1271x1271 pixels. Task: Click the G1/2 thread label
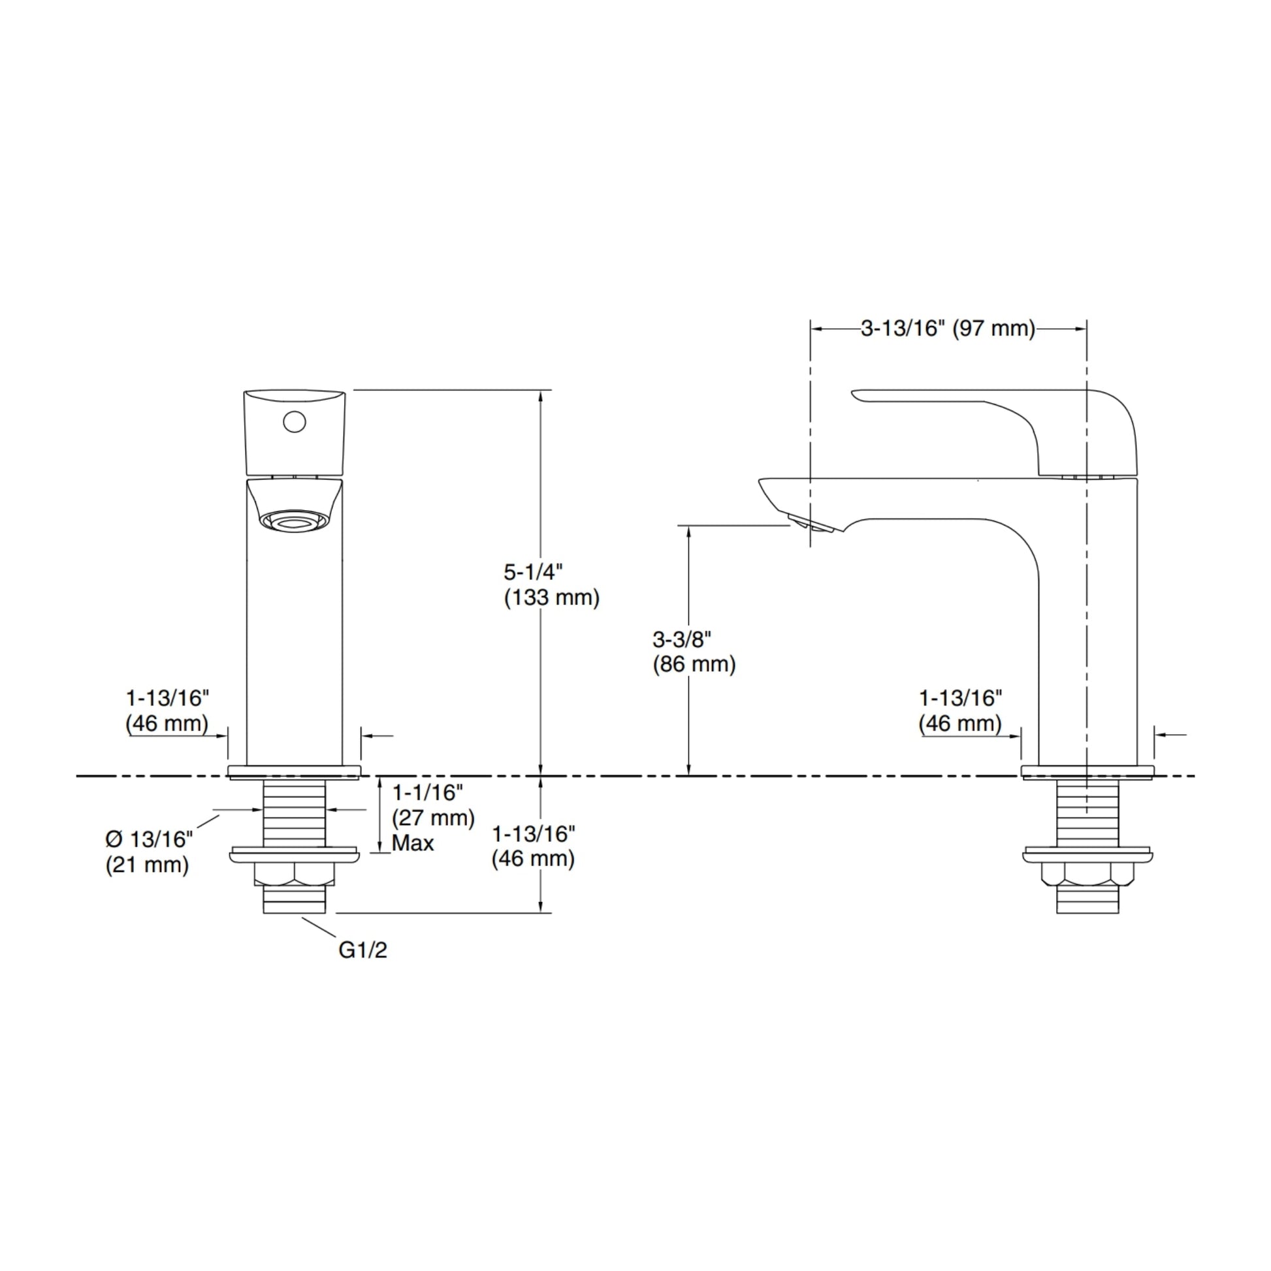tap(362, 950)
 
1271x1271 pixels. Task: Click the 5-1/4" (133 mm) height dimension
tap(551, 585)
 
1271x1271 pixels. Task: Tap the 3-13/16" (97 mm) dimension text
tap(948, 329)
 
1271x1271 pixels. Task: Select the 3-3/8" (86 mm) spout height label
tap(694, 651)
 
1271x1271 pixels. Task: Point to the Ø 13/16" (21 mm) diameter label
tap(149, 852)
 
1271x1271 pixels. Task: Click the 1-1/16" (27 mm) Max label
tap(433, 818)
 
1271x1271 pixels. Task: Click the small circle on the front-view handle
tap(294, 422)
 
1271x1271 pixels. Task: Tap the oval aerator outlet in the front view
tap(294, 521)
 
